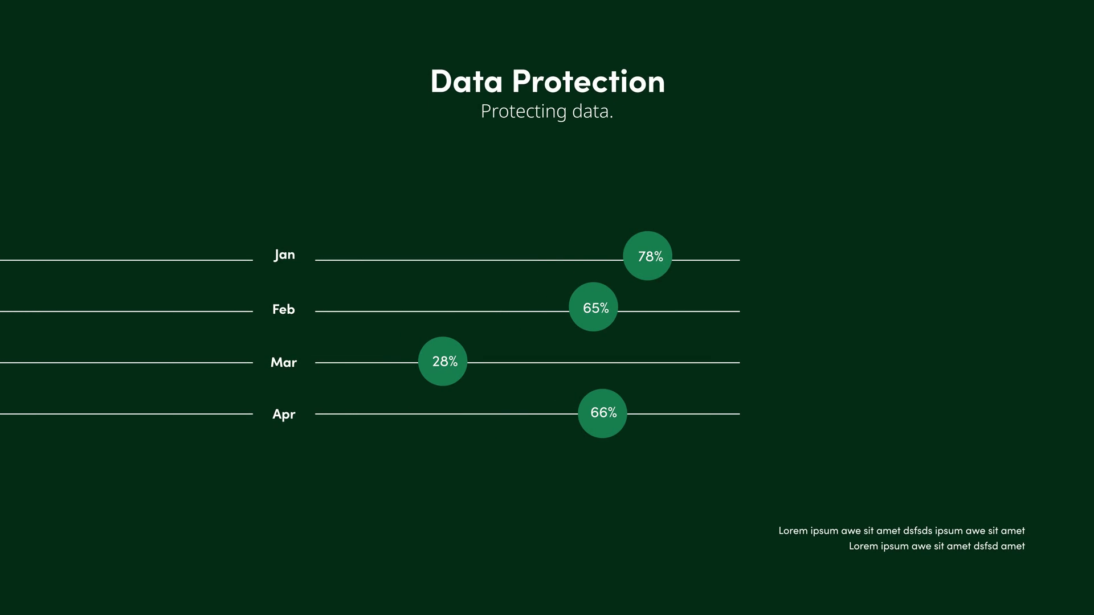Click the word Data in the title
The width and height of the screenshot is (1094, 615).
(x=467, y=81)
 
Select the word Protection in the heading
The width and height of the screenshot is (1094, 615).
(x=589, y=81)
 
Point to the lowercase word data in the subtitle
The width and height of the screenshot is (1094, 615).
(x=593, y=111)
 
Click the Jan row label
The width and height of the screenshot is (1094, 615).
(x=284, y=255)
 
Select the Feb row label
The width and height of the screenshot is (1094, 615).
(x=284, y=309)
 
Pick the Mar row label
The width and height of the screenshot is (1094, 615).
(x=284, y=362)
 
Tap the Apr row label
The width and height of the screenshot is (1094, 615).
(x=284, y=414)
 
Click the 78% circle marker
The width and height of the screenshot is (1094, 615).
(x=647, y=256)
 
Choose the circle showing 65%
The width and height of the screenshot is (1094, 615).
(x=593, y=307)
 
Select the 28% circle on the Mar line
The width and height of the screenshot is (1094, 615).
(x=443, y=361)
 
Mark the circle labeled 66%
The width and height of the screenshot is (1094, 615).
(x=602, y=413)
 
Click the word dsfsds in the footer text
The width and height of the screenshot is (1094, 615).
(x=917, y=531)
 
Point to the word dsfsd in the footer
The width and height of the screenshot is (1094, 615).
(x=986, y=546)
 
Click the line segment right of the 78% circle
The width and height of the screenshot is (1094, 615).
(x=706, y=260)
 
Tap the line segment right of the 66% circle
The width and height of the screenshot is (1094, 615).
(x=684, y=414)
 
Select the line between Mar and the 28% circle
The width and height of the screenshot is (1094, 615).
(x=366, y=363)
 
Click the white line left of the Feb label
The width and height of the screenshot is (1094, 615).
(x=126, y=311)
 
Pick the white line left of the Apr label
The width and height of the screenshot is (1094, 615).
(x=126, y=414)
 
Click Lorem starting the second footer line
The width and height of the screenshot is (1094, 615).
(x=863, y=546)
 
